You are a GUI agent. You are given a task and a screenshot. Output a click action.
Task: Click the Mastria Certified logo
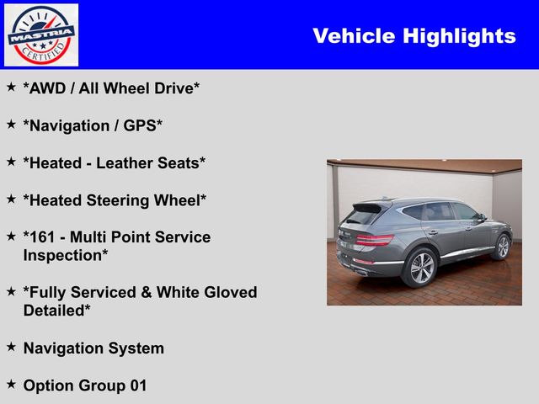click(x=41, y=35)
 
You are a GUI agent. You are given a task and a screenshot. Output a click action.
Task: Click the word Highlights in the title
click(x=459, y=36)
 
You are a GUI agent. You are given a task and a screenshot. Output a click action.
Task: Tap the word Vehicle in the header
click(x=354, y=35)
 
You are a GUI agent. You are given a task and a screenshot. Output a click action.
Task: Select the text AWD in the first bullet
click(x=47, y=88)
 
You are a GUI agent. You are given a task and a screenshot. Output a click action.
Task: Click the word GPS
click(x=140, y=125)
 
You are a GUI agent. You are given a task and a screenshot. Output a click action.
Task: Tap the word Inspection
click(x=62, y=256)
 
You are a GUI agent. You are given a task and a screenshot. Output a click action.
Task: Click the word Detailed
click(x=54, y=311)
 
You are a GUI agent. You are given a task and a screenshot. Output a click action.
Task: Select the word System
click(x=136, y=348)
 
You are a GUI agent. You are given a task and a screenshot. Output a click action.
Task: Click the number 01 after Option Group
click(x=138, y=385)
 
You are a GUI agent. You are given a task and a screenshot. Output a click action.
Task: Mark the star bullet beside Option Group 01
click(x=11, y=384)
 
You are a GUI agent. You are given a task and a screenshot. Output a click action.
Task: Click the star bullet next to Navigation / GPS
click(x=11, y=124)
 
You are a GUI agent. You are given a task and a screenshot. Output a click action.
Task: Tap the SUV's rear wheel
click(x=421, y=268)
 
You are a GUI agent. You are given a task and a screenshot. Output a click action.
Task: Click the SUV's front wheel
click(x=503, y=247)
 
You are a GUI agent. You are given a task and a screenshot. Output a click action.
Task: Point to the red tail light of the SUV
click(x=375, y=239)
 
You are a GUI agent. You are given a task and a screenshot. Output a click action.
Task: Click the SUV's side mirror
click(x=482, y=218)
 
